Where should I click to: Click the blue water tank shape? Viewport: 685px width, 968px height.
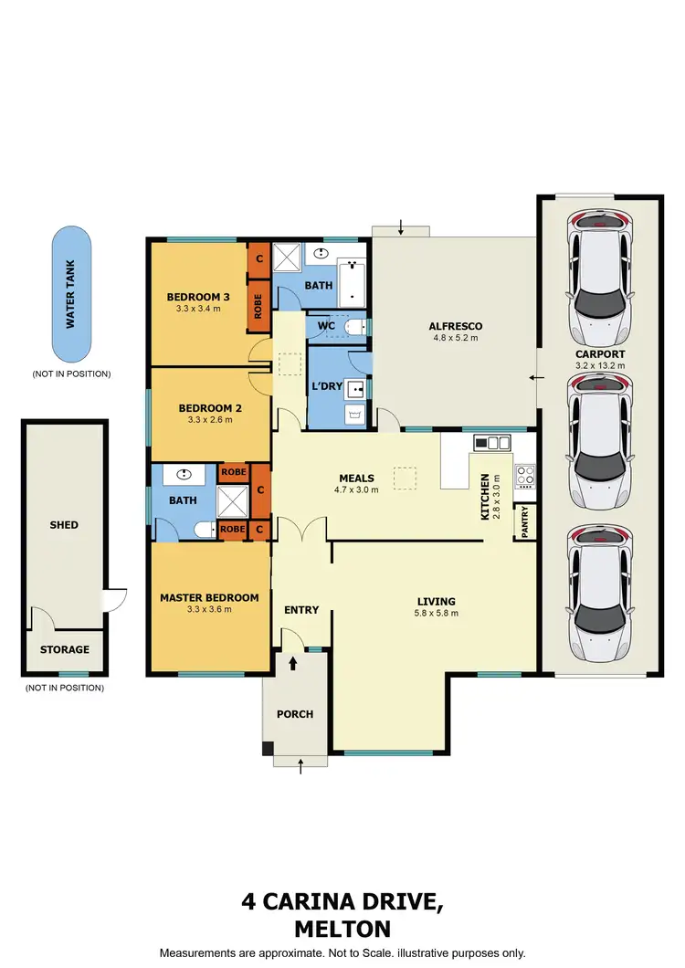[x=71, y=293]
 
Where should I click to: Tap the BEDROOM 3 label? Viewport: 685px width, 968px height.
[x=197, y=297]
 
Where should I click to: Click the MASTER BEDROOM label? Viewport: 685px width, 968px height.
[x=209, y=597]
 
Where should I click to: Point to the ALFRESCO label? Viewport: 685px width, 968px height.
[x=455, y=326]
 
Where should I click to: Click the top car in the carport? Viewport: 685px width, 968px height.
[x=599, y=273]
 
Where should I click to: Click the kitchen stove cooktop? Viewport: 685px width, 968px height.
[x=525, y=475]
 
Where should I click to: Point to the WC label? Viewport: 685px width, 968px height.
[x=327, y=325]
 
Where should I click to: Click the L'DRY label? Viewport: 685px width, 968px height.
[x=327, y=386]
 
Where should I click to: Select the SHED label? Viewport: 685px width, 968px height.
[x=64, y=525]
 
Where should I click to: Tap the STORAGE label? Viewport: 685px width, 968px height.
[x=64, y=649]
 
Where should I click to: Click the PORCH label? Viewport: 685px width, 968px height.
[x=294, y=714]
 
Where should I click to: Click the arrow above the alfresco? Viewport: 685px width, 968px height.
[x=400, y=226]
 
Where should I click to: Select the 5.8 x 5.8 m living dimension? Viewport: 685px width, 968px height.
[x=437, y=613]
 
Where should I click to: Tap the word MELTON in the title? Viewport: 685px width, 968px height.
[x=342, y=930]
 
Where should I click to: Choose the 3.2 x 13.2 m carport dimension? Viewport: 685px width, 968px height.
[x=599, y=365]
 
